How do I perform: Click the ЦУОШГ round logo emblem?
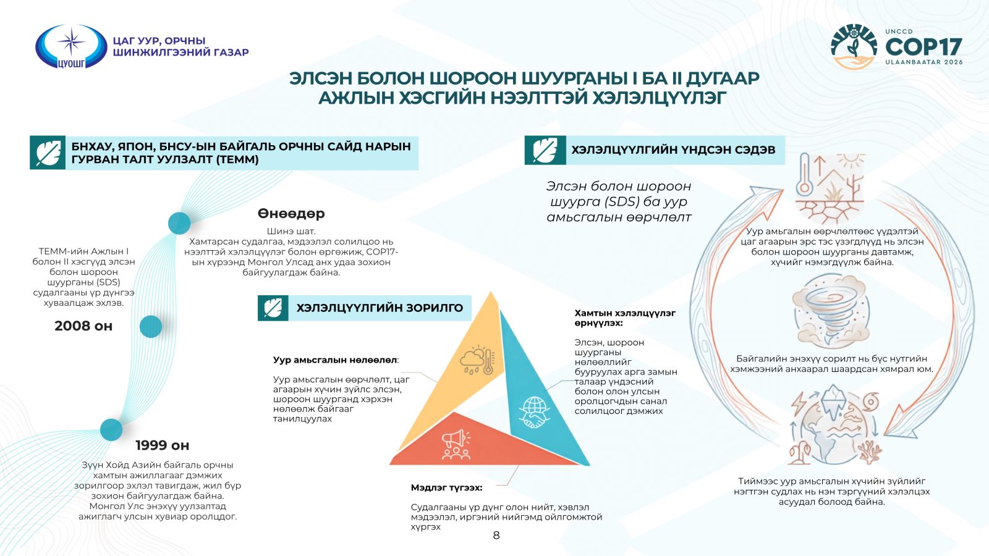tap(71, 46)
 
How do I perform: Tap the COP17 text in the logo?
tap(923, 47)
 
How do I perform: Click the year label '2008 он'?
tap(83, 326)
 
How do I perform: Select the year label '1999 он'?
tap(163, 445)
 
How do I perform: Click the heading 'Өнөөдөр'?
tap(291, 214)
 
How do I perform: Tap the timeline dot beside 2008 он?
tap(151, 327)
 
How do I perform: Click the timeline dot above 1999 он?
tap(111, 429)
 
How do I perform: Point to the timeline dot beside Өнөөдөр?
tap(179, 223)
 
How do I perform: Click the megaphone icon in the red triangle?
tap(456, 445)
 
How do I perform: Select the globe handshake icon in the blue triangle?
tap(535, 413)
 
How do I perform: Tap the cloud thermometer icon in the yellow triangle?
tap(477, 360)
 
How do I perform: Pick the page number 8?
tap(496, 535)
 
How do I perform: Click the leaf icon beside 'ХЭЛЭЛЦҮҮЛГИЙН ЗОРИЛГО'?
tap(273, 308)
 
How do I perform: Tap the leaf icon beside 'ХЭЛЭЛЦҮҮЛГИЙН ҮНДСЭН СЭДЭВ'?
tap(545, 151)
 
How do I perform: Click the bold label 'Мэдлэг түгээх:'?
tap(446, 487)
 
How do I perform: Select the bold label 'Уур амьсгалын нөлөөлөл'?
tap(334, 360)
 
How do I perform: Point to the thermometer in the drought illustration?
tap(804, 175)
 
